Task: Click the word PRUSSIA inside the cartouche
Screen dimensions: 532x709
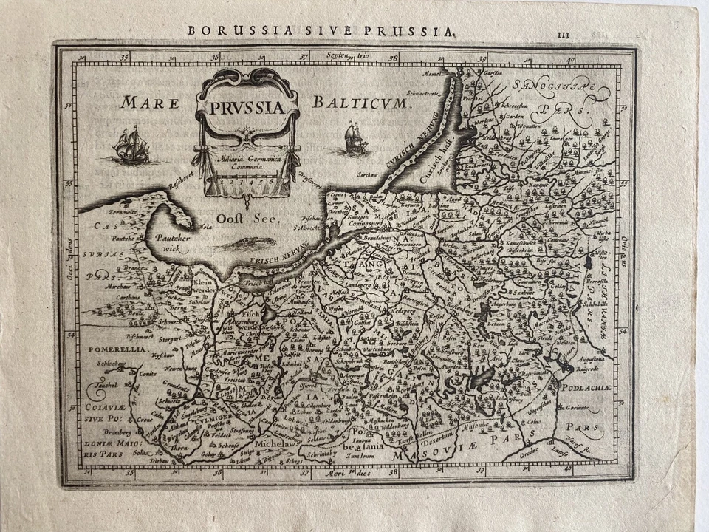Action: [247, 108]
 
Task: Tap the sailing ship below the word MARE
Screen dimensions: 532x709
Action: [130, 145]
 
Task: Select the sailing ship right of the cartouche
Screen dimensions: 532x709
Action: [356, 137]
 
